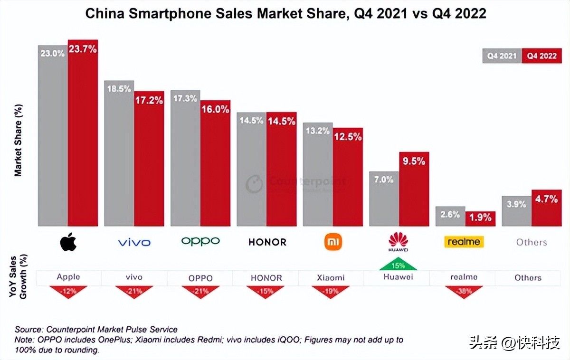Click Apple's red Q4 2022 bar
point(83,138)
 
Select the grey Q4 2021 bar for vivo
point(119,157)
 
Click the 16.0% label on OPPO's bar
point(215,109)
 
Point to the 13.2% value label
point(318,131)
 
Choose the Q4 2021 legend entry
point(502,56)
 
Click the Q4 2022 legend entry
point(541,56)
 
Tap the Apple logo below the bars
point(68,242)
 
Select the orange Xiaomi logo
point(332,242)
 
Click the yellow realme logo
point(464,242)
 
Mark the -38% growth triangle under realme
point(464,291)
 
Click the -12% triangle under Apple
point(68,291)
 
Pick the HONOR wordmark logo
point(267,242)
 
